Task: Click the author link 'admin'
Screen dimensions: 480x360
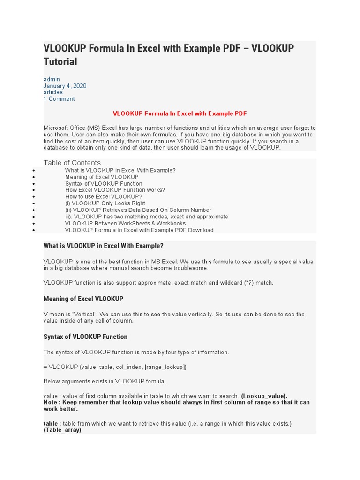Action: (x=52, y=79)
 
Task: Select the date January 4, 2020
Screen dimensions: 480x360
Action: (x=65, y=86)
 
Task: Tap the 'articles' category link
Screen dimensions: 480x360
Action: (x=53, y=92)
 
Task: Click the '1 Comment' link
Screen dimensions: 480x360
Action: (x=59, y=99)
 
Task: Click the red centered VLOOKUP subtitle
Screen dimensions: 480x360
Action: (x=180, y=113)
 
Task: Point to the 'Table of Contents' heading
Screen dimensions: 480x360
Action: (x=72, y=163)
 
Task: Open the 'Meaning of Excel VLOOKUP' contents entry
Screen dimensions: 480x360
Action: (x=102, y=177)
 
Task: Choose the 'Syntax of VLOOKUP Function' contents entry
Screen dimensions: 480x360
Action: (x=104, y=184)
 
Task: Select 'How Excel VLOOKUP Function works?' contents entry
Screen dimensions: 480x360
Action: (x=115, y=190)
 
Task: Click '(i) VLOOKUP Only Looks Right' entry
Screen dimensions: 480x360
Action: (x=105, y=203)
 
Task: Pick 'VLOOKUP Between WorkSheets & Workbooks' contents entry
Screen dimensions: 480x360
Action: (x=125, y=223)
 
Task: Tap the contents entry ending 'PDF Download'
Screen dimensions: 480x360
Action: (x=139, y=230)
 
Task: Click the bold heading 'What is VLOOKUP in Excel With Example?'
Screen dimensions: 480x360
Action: (x=104, y=246)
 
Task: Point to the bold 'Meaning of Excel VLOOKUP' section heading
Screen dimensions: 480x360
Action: (x=83, y=299)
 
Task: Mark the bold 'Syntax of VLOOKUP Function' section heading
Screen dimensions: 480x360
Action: (x=85, y=337)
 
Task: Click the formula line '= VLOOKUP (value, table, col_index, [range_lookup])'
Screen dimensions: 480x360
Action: (x=115, y=367)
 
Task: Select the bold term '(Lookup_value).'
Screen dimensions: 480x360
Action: (x=264, y=396)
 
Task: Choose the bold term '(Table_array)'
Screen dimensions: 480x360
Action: (x=62, y=430)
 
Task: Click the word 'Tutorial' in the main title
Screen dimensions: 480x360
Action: (x=60, y=61)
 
